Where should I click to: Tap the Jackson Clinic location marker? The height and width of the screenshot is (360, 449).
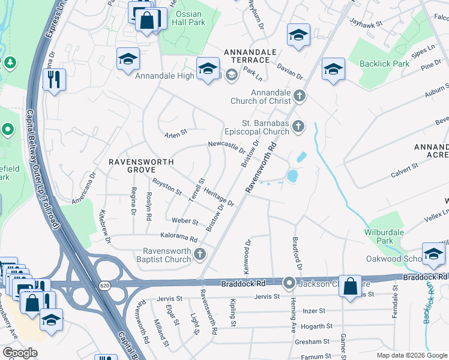click(289, 282)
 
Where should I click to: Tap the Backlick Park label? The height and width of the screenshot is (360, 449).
click(384, 64)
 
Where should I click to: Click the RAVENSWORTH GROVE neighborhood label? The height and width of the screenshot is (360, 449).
click(141, 166)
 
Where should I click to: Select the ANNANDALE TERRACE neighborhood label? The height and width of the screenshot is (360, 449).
click(247, 56)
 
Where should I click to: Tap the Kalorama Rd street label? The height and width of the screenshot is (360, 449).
click(178, 238)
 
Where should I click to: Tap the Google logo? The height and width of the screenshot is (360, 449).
click(20, 353)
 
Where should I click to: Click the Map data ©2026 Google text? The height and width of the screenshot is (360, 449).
click(411, 355)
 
